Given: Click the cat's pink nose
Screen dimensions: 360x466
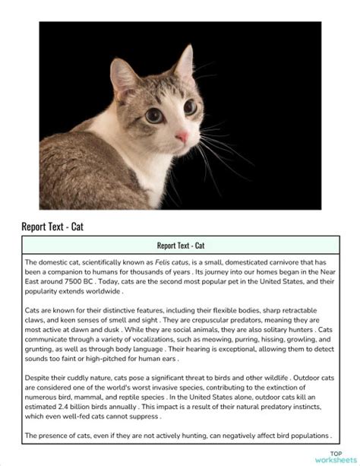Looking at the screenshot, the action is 182,138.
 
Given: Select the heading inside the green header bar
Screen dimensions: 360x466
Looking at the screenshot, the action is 180,246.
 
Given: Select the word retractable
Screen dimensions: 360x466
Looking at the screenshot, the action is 308,311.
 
